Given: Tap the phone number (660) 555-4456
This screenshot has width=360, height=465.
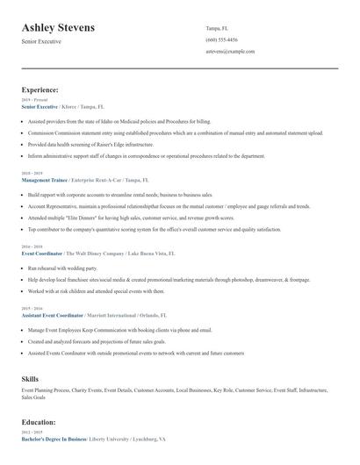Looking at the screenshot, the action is [x=221, y=39].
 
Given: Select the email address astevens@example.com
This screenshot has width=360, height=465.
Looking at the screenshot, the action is [x=230, y=51].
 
